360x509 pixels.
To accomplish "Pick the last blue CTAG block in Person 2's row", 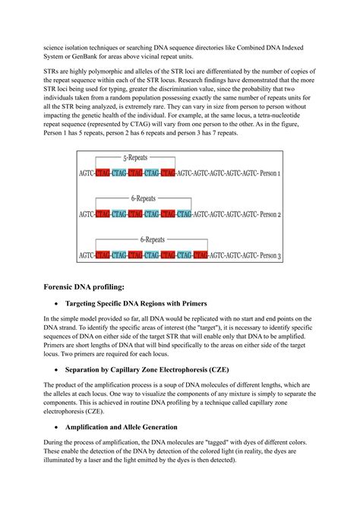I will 153,215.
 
